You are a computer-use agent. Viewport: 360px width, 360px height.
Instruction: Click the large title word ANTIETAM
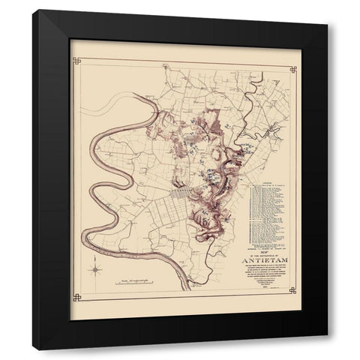tap(263, 262)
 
